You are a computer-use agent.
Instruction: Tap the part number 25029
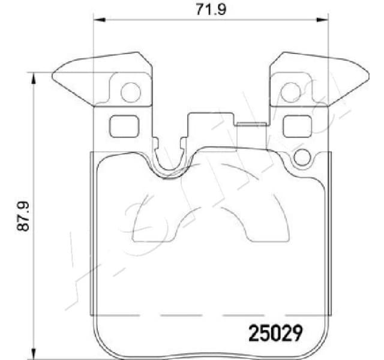tap(275, 331)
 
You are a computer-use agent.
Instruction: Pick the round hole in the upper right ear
tap(290, 92)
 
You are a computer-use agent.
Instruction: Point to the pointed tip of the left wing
tap(54, 76)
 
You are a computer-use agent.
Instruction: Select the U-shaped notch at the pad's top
tap(169, 165)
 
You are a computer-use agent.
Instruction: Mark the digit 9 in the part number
tap(296, 331)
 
